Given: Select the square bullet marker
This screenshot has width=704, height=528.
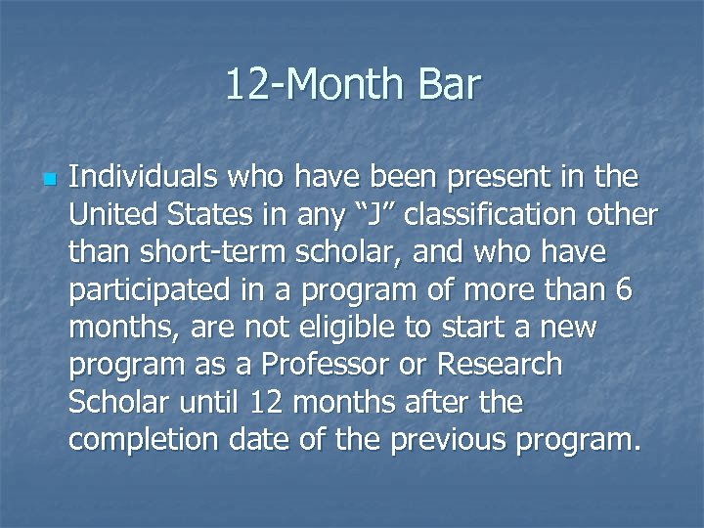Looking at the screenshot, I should click(x=47, y=180).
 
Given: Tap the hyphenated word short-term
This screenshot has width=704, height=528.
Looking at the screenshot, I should click(x=212, y=252).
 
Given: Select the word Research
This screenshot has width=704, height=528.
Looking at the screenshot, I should click(x=501, y=365).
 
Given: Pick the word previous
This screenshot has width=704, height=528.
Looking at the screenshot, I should click(x=452, y=440).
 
